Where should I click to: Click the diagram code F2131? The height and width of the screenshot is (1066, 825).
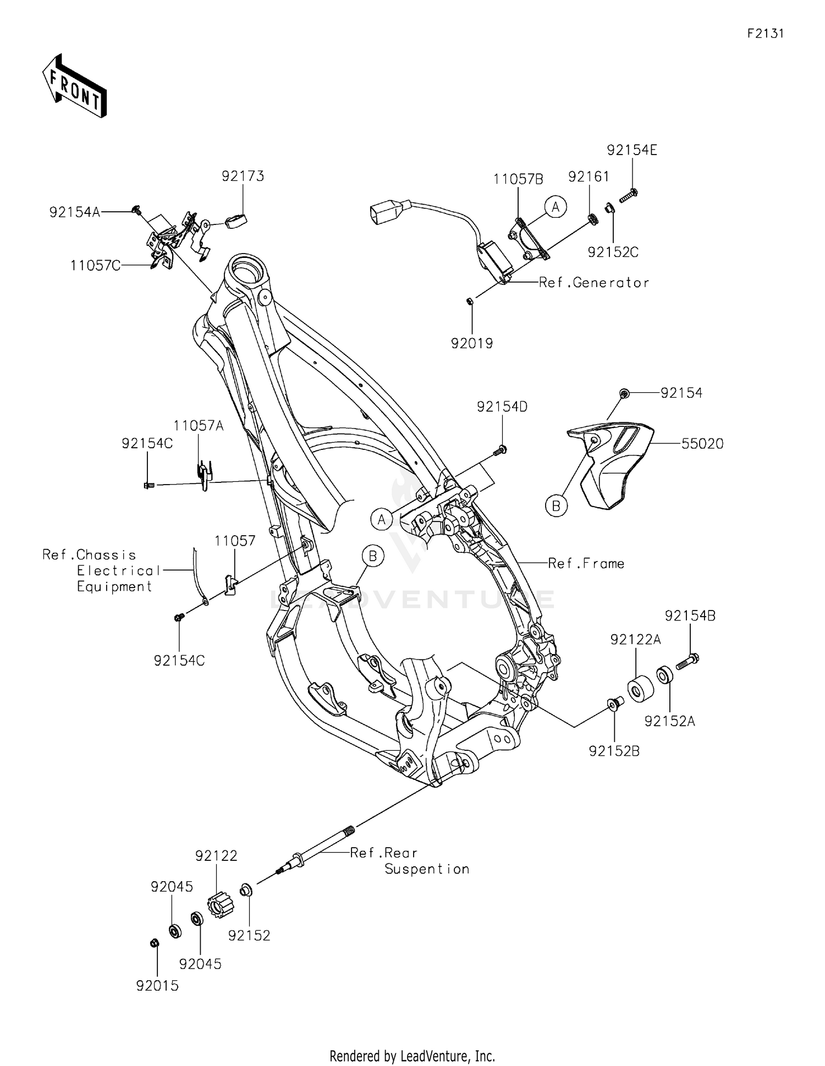[765, 34]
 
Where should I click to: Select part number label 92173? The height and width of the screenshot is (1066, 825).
[243, 176]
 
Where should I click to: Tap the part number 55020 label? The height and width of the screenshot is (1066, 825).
[702, 444]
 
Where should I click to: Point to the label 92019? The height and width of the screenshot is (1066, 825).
[472, 344]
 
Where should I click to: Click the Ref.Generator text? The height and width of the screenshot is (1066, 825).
[594, 283]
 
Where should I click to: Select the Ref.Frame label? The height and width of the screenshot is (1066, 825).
[586, 563]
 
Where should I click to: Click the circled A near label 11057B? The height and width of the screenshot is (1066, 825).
[555, 207]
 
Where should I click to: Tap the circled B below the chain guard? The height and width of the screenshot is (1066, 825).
[556, 505]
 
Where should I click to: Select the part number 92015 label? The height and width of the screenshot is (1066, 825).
[158, 986]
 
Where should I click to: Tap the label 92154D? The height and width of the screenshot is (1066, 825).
[502, 407]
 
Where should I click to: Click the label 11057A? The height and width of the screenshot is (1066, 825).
[199, 426]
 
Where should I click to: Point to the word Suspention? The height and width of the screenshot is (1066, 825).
[427, 869]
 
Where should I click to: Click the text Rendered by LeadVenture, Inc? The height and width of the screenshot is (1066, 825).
[412, 1056]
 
